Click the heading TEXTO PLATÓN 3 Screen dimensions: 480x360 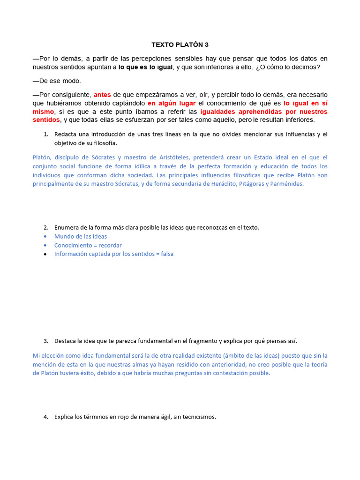click(x=180, y=45)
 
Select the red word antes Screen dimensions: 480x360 click(x=102, y=95)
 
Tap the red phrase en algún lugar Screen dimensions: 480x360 click(x=171, y=103)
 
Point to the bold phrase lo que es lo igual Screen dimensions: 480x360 click(x=146, y=67)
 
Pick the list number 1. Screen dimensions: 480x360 click(x=45, y=135)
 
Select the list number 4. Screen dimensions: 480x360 click(x=45, y=417)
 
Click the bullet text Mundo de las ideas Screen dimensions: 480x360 click(x=81, y=237)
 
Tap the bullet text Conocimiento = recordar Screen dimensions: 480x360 click(x=88, y=245)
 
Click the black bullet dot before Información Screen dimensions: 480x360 click(x=45, y=255)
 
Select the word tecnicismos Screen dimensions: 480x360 click(x=198, y=417)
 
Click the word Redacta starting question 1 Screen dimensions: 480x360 click(x=67, y=135)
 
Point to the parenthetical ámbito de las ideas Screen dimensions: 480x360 click(x=252, y=356)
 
